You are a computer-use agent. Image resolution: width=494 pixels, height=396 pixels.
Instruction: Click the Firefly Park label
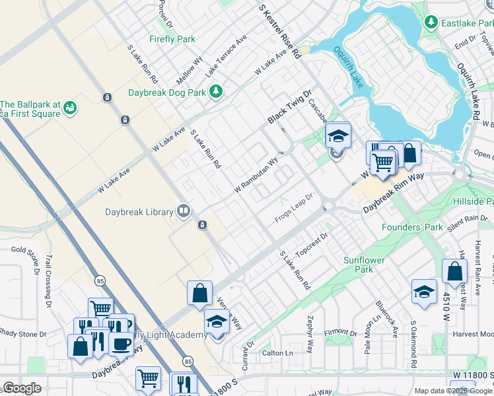(x=172, y=39)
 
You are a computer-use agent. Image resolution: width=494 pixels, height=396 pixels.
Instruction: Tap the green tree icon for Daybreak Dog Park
(x=215, y=91)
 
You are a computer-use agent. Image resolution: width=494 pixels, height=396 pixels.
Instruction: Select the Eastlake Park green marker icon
(x=431, y=22)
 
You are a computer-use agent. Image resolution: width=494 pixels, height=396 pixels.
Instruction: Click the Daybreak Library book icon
(x=184, y=211)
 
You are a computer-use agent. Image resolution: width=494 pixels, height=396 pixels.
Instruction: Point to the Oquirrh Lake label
(x=348, y=66)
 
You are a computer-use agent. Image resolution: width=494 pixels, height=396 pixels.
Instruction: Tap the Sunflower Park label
(x=363, y=265)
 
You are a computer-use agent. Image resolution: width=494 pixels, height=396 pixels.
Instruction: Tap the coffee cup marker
(x=121, y=344)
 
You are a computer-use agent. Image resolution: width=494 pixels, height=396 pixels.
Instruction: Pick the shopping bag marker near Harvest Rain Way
(x=455, y=271)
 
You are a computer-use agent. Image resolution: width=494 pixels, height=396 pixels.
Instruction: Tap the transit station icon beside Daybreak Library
(x=203, y=225)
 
